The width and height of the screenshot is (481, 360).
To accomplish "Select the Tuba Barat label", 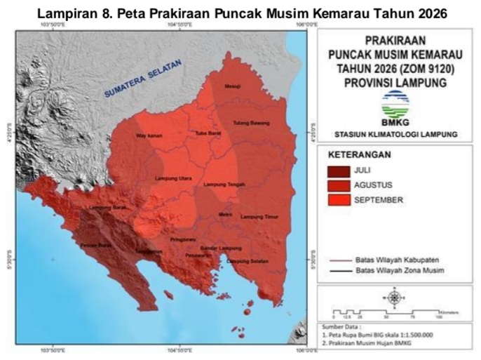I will [x=208, y=133].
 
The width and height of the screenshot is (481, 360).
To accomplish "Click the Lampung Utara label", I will [x=173, y=178].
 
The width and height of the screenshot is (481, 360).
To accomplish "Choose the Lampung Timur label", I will [x=259, y=217].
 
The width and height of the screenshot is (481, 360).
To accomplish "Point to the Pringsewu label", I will [x=181, y=239].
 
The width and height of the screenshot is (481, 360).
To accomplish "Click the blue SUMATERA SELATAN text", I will [x=143, y=78].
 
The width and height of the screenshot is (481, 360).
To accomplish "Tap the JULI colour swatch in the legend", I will [x=339, y=171].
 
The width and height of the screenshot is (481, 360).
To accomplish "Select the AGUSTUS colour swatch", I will [x=339, y=185].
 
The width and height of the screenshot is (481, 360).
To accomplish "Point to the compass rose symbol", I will [x=394, y=298].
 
